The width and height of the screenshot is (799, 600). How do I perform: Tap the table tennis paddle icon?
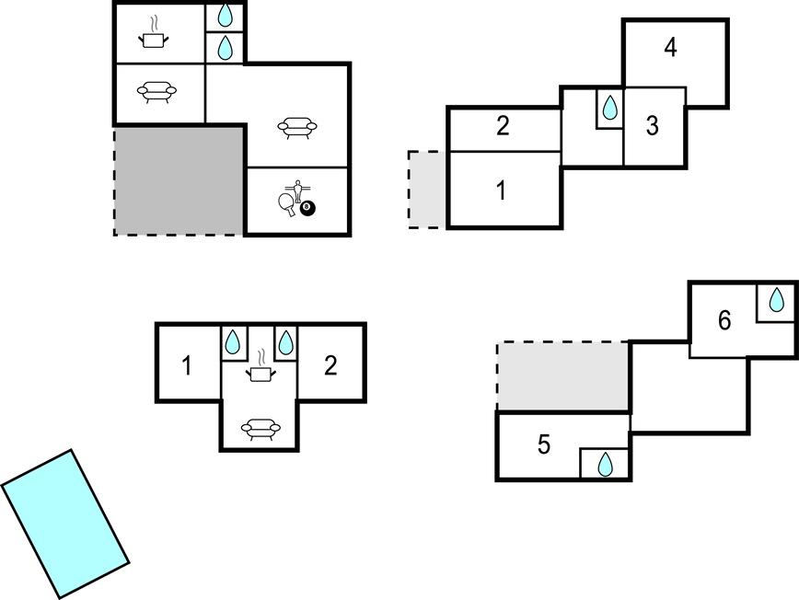pyautogui.click(x=287, y=203)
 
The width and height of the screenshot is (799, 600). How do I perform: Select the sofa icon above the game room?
pyautogui.click(x=297, y=127)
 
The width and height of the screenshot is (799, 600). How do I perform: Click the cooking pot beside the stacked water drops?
pyautogui.click(x=156, y=37)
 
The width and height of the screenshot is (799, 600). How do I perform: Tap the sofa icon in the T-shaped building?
pyautogui.click(x=260, y=427)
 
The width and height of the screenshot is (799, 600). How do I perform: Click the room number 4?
pyautogui.click(x=671, y=48)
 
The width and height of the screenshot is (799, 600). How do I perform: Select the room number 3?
pyautogui.click(x=653, y=126)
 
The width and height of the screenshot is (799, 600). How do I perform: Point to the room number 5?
pyautogui.click(x=544, y=445)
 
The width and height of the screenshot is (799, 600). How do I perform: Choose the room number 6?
pyautogui.click(x=724, y=320)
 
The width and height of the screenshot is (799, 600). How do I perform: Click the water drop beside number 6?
pyautogui.click(x=777, y=300)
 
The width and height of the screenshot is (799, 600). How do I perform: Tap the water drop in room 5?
pyautogui.click(x=605, y=465)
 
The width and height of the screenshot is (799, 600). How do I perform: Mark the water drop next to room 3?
pyautogui.click(x=609, y=109)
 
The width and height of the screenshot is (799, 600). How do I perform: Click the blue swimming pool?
pyautogui.click(x=64, y=523)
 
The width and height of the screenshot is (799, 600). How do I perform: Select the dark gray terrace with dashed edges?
pyautogui.click(x=179, y=180)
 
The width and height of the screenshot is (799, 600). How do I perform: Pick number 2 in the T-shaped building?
pyautogui.click(x=330, y=365)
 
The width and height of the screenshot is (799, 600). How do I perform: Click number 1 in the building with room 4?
pyautogui.click(x=502, y=191)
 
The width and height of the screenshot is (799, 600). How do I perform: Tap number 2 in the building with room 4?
pyautogui.click(x=503, y=126)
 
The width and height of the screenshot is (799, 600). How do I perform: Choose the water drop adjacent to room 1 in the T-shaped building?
pyautogui.click(x=234, y=343)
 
